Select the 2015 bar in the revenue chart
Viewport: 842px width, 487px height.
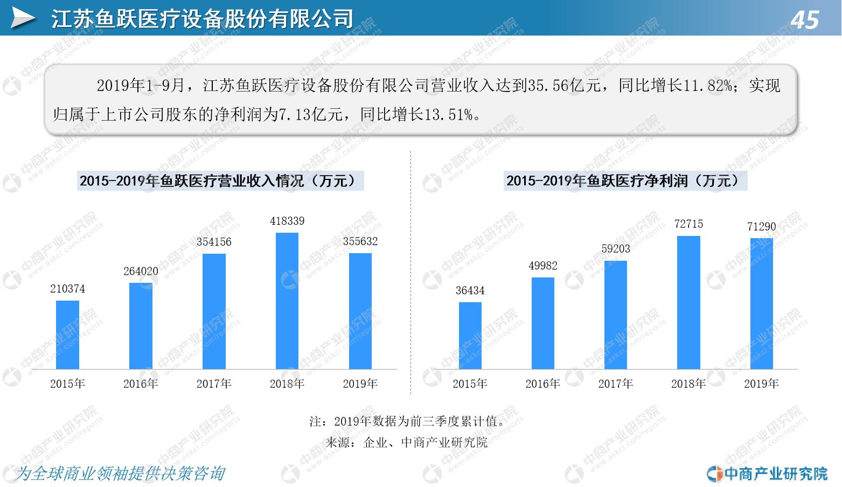click(x=67, y=335)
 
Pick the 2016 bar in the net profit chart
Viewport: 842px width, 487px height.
click(x=542, y=323)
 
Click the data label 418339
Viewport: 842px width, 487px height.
click(x=287, y=221)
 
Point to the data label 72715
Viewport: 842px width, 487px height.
click(x=688, y=224)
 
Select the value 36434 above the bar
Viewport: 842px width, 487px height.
click(x=470, y=291)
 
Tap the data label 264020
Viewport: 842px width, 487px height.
click(x=141, y=272)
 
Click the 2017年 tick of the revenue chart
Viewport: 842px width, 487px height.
click(x=214, y=384)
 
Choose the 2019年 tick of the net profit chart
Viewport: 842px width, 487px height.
click(x=761, y=384)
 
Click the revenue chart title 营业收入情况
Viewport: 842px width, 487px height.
click(x=221, y=180)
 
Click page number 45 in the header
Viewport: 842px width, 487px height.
click(x=805, y=20)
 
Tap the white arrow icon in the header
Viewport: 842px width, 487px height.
click(x=23, y=19)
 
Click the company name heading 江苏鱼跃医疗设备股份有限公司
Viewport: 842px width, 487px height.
click(x=202, y=19)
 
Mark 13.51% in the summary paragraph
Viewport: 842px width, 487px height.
click(x=448, y=114)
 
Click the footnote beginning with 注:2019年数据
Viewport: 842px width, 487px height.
click(x=407, y=421)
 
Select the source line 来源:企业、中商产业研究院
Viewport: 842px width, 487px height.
click(x=407, y=443)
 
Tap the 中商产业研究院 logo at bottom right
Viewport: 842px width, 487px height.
click(x=767, y=474)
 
